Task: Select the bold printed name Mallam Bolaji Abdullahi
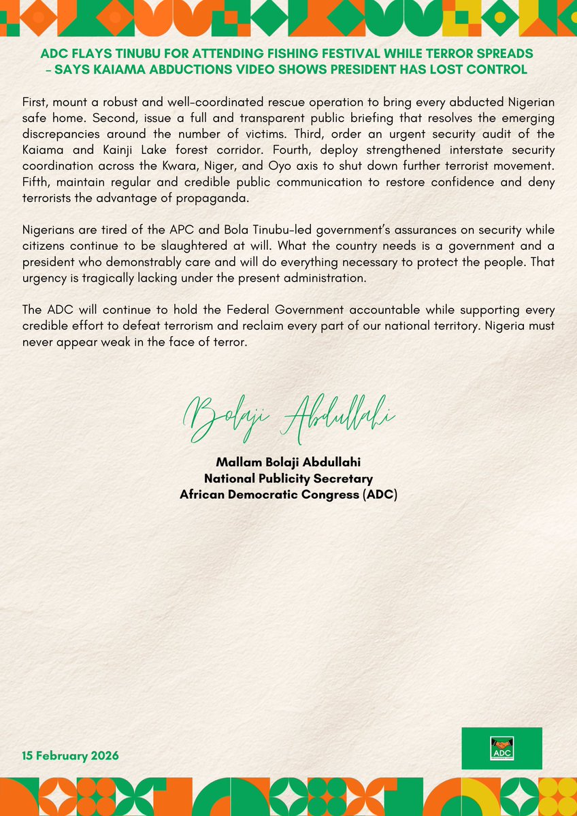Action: [x=288, y=463]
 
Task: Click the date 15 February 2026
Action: [x=70, y=756]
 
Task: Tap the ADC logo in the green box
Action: [x=501, y=749]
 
